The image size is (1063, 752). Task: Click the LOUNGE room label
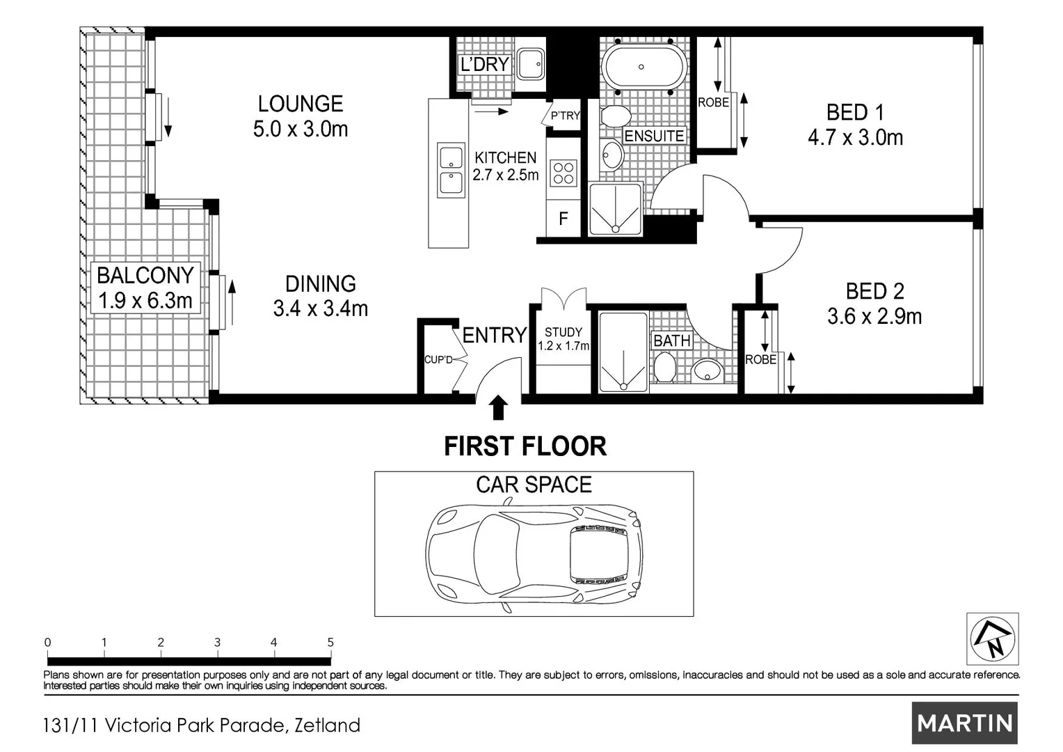point(301,104)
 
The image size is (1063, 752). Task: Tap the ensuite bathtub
point(644,67)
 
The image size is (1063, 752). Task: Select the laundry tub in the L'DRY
point(531,63)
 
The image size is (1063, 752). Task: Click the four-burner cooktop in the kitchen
point(564,173)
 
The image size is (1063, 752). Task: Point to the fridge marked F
point(564,219)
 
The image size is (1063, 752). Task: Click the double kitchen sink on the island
point(451,170)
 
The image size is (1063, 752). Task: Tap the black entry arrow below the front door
point(498,407)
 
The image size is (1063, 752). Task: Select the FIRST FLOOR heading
point(525,446)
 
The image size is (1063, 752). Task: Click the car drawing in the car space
point(534,555)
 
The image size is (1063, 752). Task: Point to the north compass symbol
point(992,639)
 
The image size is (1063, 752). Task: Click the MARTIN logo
point(965,723)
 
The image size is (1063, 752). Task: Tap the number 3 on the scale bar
point(217,642)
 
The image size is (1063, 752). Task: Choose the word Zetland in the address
point(328,726)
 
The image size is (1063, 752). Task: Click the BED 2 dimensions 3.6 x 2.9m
point(874,316)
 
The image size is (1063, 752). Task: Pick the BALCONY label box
point(145,288)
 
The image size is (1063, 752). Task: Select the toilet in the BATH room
point(665,367)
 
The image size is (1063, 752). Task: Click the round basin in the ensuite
point(612,155)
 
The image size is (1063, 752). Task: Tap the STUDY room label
point(564,332)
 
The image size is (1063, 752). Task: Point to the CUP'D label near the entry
point(438,360)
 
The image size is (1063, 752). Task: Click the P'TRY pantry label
point(565,116)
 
